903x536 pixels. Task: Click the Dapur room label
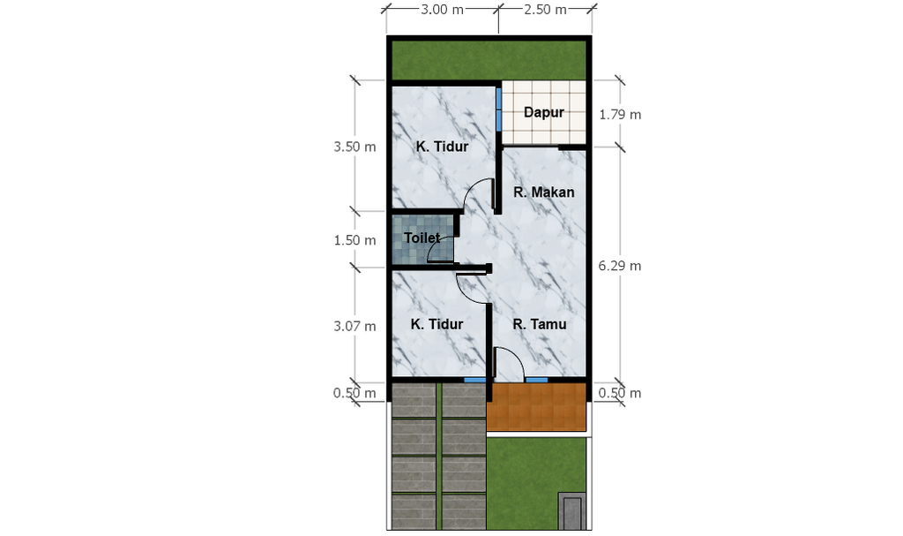[543, 112]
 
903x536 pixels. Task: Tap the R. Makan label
[543, 193]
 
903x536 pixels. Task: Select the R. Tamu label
[540, 324]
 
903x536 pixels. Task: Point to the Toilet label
[422, 238]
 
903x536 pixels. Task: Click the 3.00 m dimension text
[442, 9]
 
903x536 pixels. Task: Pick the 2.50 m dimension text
[545, 9]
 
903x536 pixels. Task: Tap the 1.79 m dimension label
[620, 114]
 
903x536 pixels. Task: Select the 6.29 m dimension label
[620, 266]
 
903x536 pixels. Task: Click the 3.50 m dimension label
[354, 147]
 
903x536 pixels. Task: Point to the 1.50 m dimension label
[354, 240]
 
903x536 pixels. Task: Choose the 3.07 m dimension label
[354, 326]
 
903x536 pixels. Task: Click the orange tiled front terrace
[536, 407]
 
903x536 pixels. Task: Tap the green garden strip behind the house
[489, 60]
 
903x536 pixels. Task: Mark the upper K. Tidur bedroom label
[443, 147]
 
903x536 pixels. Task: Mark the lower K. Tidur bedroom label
[437, 324]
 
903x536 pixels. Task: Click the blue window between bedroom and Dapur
[499, 109]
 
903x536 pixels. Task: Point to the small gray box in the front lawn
[571, 511]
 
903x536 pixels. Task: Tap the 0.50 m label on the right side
[620, 393]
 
